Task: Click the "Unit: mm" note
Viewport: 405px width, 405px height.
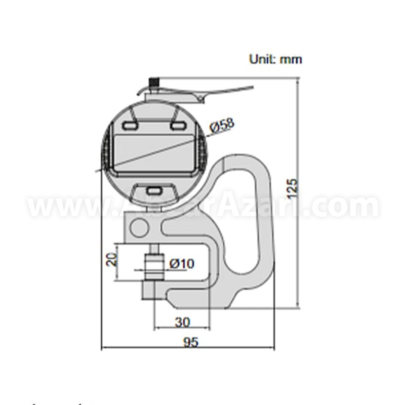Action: [x=275, y=59]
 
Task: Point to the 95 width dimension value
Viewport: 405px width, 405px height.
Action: [x=190, y=343]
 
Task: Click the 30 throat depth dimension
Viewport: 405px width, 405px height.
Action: [x=182, y=321]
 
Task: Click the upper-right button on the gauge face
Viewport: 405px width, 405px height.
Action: [x=177, y=124]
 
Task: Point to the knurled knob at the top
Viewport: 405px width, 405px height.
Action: [x=153, y=82]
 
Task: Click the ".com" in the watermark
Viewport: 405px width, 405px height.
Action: [x=354, y=207]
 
